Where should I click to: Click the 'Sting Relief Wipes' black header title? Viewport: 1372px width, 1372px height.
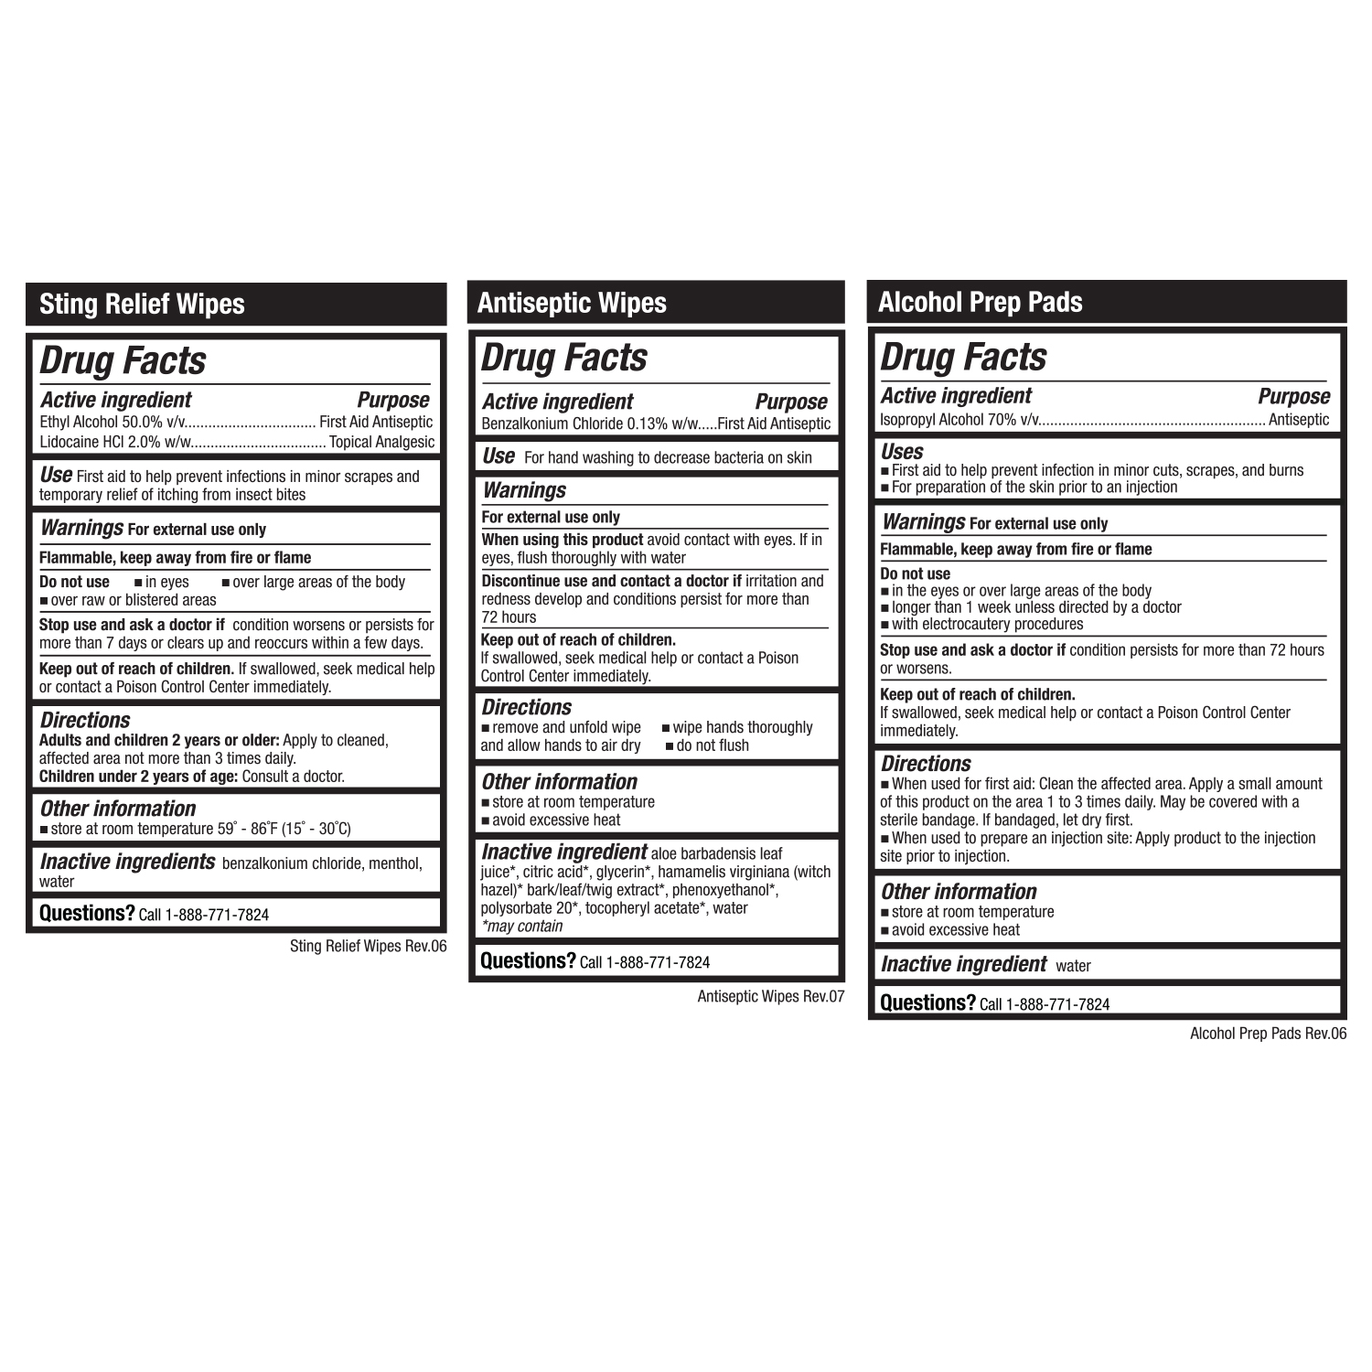click(142, 305)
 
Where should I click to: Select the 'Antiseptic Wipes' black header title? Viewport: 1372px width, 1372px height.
click(572, 304)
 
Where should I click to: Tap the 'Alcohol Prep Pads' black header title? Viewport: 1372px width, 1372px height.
click(980, 302)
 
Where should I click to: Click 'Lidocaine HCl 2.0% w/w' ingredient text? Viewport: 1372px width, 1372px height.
click(115, 443)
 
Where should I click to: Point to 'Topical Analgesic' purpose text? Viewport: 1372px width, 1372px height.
click(381, 443)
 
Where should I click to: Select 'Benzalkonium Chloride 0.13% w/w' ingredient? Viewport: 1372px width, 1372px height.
click(590, 424)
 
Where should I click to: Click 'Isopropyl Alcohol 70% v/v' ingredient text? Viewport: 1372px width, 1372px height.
click(959, 420)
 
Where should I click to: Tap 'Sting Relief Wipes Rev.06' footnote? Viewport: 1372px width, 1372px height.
click(368, 947)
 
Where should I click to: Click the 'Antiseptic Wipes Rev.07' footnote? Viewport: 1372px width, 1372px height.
click(770, 997)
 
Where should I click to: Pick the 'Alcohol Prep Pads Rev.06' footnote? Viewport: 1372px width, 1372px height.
click(1268, 1034)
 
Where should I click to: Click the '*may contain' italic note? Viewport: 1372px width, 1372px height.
click(521, 927)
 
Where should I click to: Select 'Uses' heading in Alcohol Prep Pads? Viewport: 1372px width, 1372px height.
click(902, 452)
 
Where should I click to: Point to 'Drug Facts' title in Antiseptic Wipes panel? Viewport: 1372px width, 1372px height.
click(564, 358)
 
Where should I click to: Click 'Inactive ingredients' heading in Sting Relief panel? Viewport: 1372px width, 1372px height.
click(127, 863)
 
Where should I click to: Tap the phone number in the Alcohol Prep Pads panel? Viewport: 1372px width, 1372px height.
click(1057, 1004)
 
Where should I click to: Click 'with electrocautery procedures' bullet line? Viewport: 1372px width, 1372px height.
click(986, 625)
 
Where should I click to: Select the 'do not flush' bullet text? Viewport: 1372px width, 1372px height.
click(712, 746)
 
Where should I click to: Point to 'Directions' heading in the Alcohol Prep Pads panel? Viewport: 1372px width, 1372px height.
click(926, 764)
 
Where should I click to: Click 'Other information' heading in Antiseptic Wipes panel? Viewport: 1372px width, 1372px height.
click(559, 782)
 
